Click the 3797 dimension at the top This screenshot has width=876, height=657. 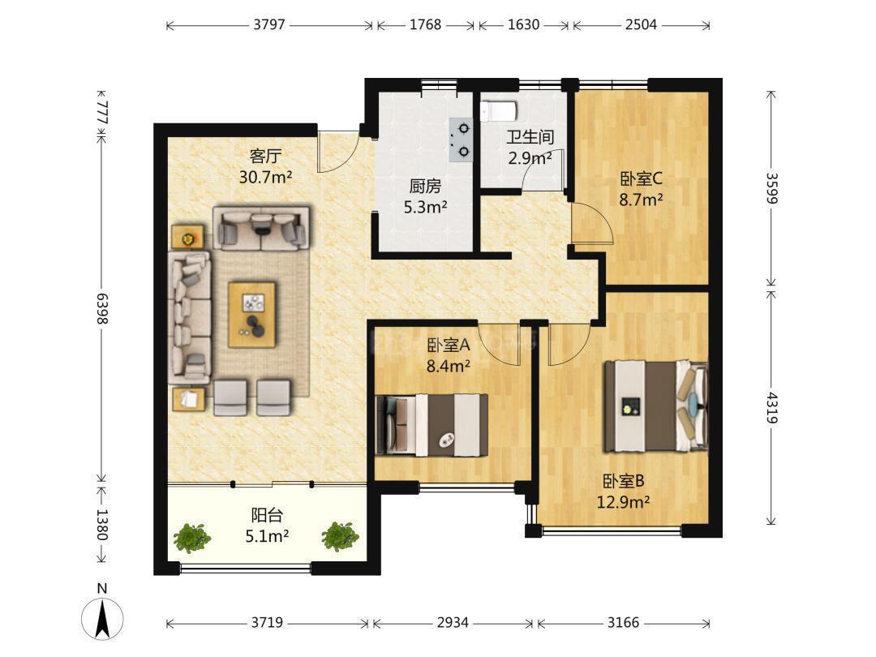269,24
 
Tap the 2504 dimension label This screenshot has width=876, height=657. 641,24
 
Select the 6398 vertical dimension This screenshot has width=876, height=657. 102,308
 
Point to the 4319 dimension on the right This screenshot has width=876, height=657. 771,407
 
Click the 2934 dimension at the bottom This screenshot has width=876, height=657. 453,622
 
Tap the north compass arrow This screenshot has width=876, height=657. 102,618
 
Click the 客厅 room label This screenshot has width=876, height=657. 265,155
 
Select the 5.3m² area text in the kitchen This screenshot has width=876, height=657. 425,208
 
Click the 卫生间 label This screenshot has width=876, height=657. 530,137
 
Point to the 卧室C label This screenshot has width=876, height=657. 641,178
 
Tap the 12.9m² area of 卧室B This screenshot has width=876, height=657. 623,502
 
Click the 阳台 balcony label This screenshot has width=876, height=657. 267,514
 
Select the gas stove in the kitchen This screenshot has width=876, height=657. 462,140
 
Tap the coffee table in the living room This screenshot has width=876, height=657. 252,315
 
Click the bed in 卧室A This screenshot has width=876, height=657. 432,425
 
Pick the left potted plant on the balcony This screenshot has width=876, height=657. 191,538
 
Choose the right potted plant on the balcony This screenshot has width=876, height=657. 339,536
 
